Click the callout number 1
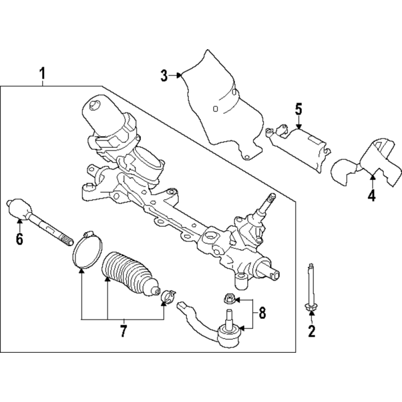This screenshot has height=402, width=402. tap(42, 73)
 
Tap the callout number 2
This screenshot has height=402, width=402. tap(312, 331)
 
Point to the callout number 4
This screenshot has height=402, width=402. tap(371, 195)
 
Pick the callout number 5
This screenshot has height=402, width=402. tap(298, 109)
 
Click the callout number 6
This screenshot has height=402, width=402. tap(20, 239)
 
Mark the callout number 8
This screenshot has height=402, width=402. tap(262, 313)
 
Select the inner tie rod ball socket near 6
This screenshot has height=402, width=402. tap(19, 209)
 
